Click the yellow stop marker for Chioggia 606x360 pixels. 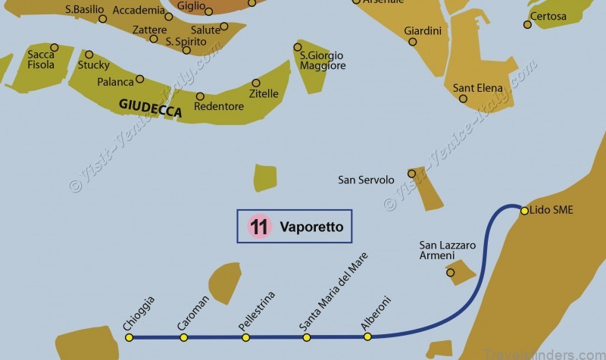click(129, 337)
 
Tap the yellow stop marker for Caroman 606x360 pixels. click(183, 337)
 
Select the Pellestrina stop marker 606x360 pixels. click(245, 337)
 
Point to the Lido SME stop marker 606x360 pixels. click(524, 210)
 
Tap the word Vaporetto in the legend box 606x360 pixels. click(311, 227)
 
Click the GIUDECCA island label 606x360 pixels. click(150, 109)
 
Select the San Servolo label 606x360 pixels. click(366, 180)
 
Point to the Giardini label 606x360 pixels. click(423, 30)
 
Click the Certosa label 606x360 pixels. click(548, 16)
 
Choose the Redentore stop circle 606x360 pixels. click(200, 96)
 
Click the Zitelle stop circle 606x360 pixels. click(256, 83)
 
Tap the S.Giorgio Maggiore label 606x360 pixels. click(322, 61)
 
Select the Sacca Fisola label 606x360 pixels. click(41, 60)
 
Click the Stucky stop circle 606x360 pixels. click(89, 55)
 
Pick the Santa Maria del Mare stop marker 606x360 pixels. click(307, 337)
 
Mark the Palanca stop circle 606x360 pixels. click(139, 80)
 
